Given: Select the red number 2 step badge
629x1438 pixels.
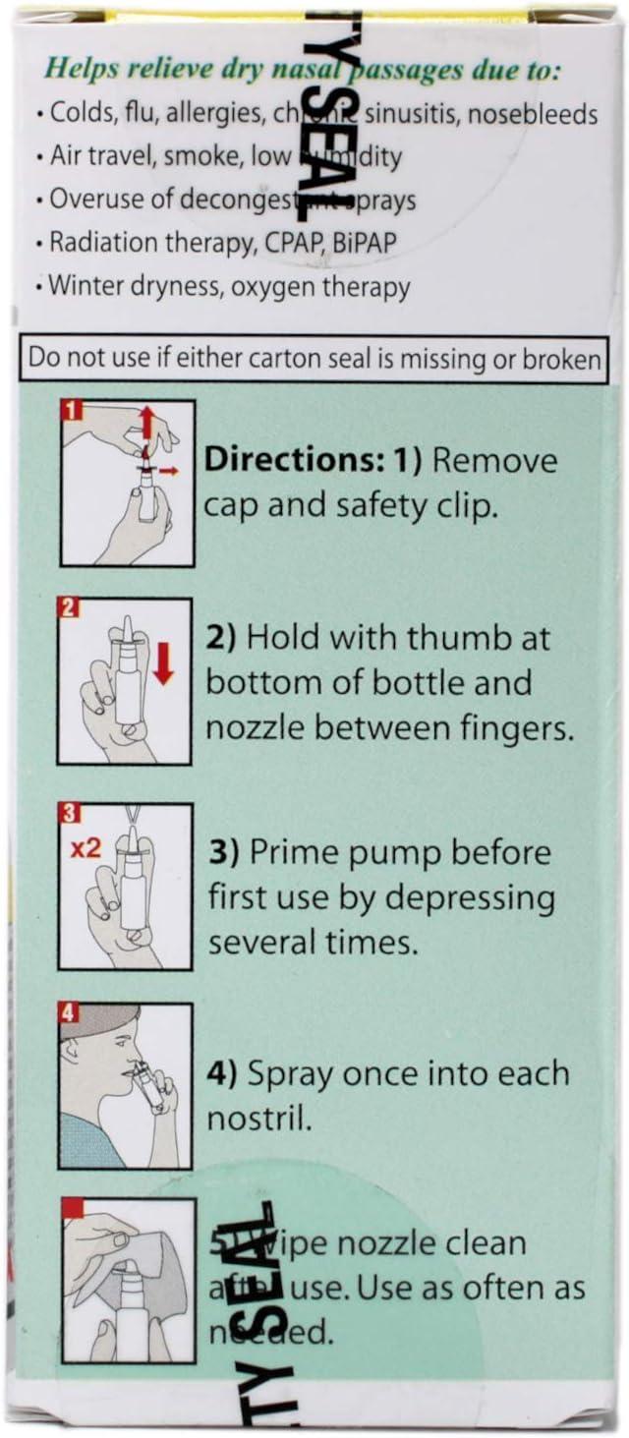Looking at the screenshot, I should coord(70,607).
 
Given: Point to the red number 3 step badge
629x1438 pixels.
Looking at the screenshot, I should coord(70,814).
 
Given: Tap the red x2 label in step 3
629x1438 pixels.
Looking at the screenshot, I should coord(86,846).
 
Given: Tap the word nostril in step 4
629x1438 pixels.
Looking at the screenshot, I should coord(255,1117).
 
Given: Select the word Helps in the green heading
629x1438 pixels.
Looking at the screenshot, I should coord(84,70).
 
